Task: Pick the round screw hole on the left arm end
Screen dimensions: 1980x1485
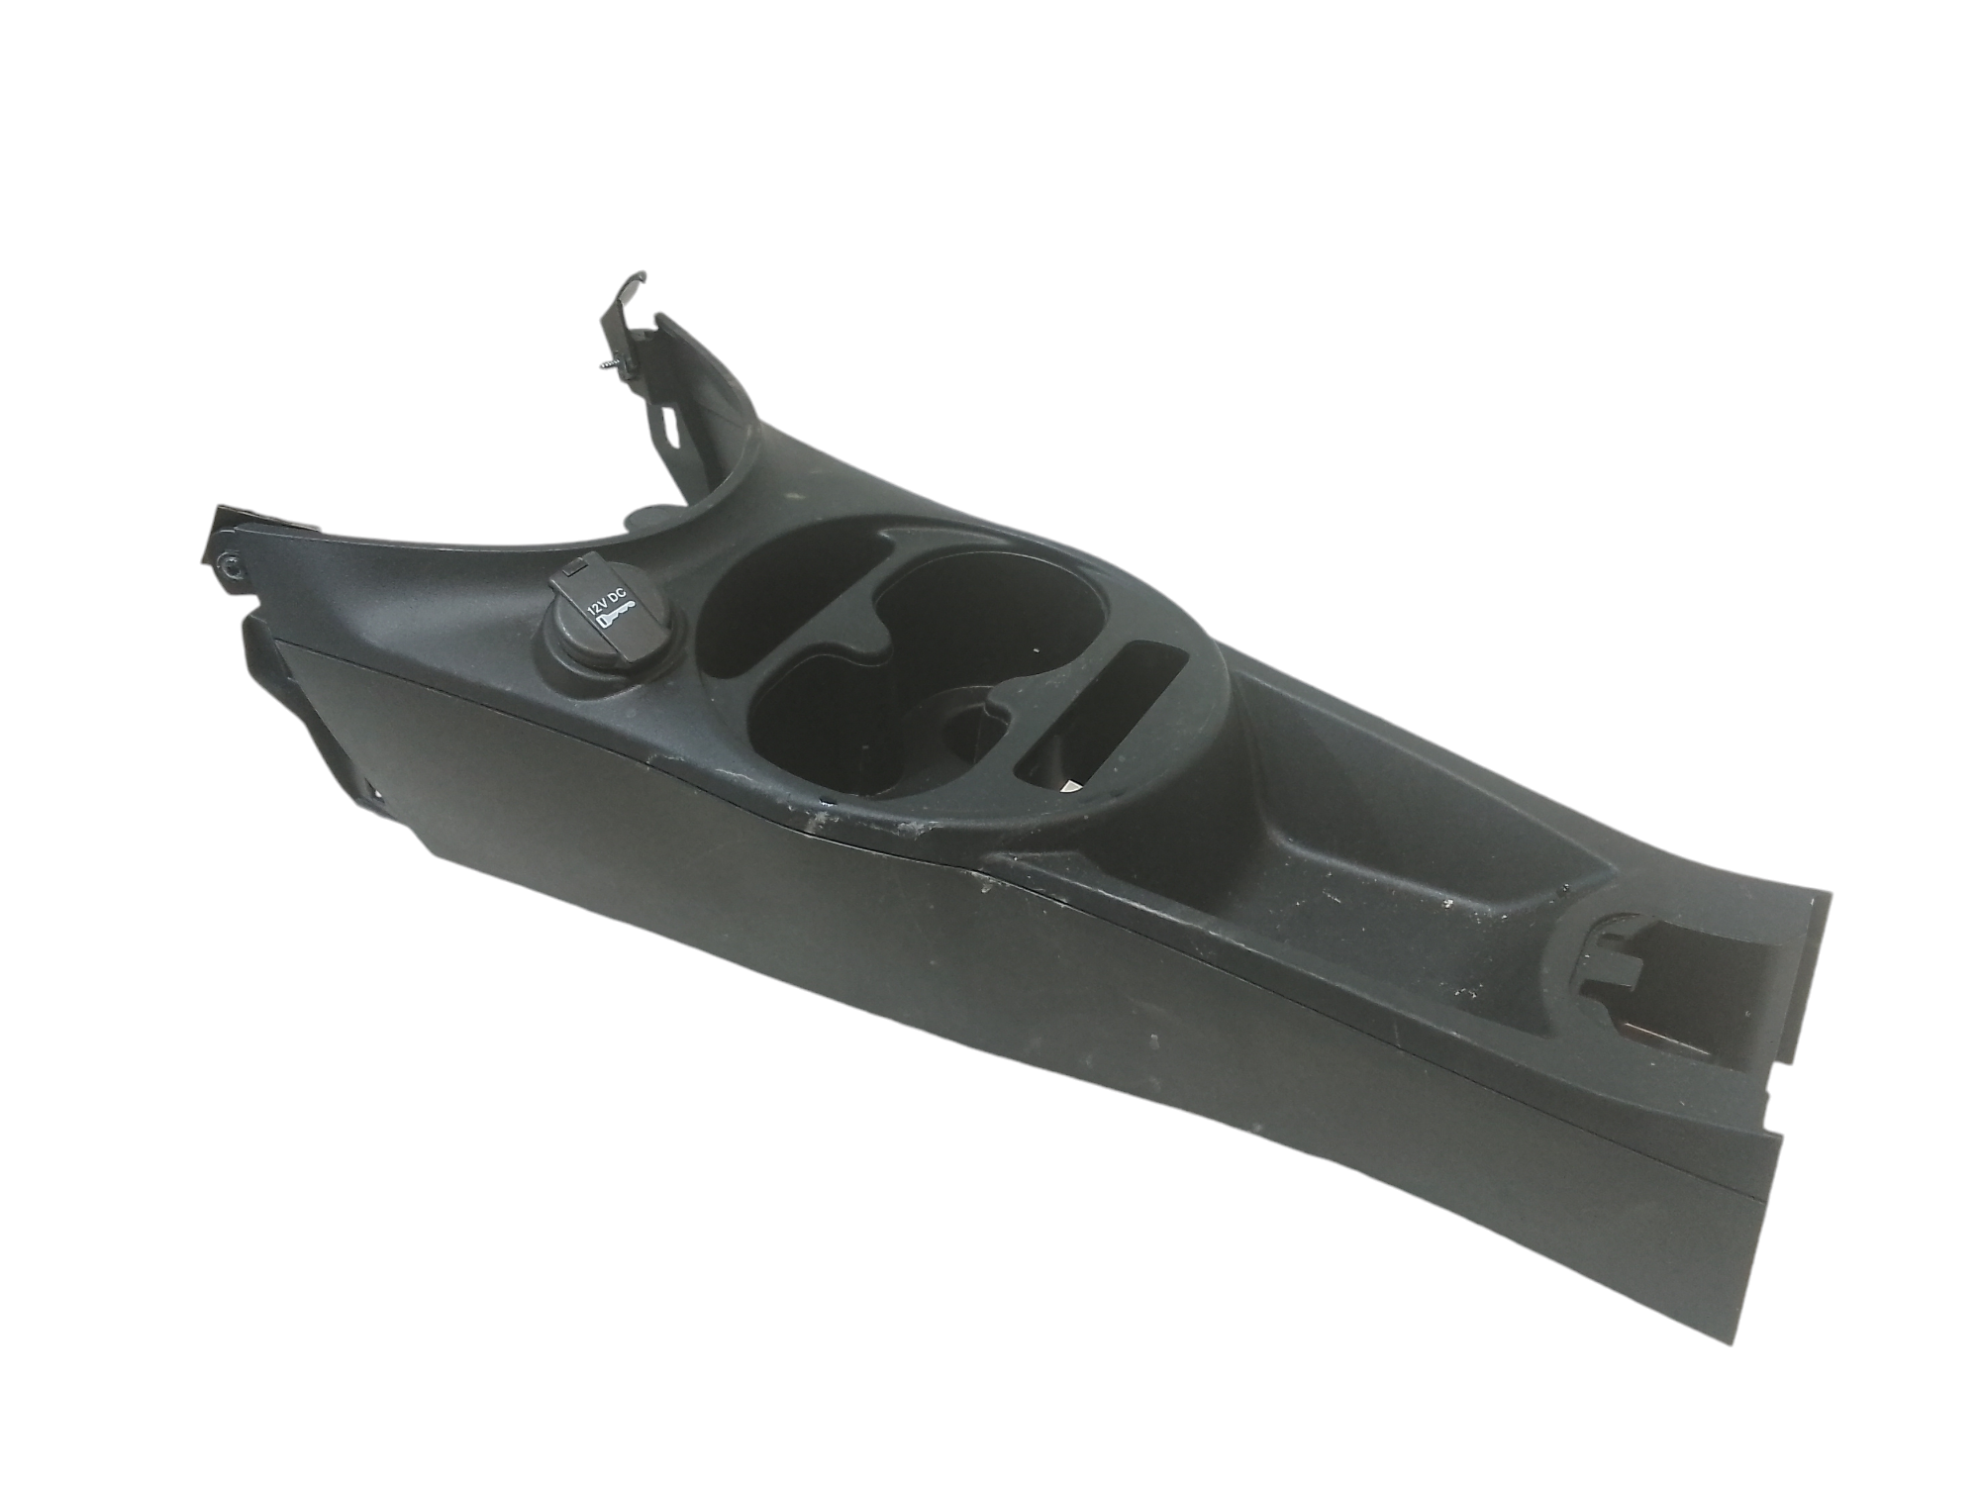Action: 231,565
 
